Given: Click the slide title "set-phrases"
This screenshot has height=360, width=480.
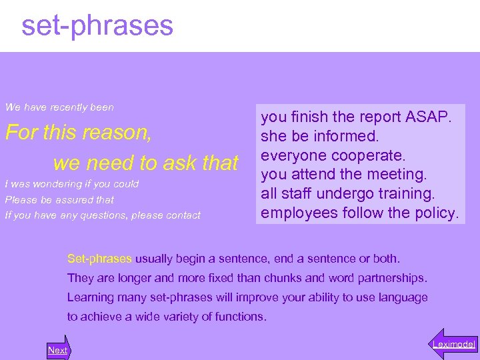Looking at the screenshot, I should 97,26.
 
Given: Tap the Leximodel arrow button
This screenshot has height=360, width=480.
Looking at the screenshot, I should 453,344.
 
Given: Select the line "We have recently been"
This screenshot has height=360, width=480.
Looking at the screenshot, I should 59,107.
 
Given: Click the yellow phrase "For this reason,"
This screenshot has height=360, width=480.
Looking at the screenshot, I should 79,133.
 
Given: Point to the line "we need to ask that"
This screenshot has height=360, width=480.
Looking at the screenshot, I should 145,163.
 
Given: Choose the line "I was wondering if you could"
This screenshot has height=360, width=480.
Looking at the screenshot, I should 72,184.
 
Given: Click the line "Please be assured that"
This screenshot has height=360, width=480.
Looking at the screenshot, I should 59,200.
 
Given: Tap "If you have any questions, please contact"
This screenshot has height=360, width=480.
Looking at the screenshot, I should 103,215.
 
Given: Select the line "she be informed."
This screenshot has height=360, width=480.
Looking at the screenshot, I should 320,136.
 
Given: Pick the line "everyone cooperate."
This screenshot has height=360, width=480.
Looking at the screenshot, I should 333,155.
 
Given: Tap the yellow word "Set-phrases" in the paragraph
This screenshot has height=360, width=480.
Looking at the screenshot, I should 100,258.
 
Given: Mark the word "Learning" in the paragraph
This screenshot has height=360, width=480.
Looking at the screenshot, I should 87,297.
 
